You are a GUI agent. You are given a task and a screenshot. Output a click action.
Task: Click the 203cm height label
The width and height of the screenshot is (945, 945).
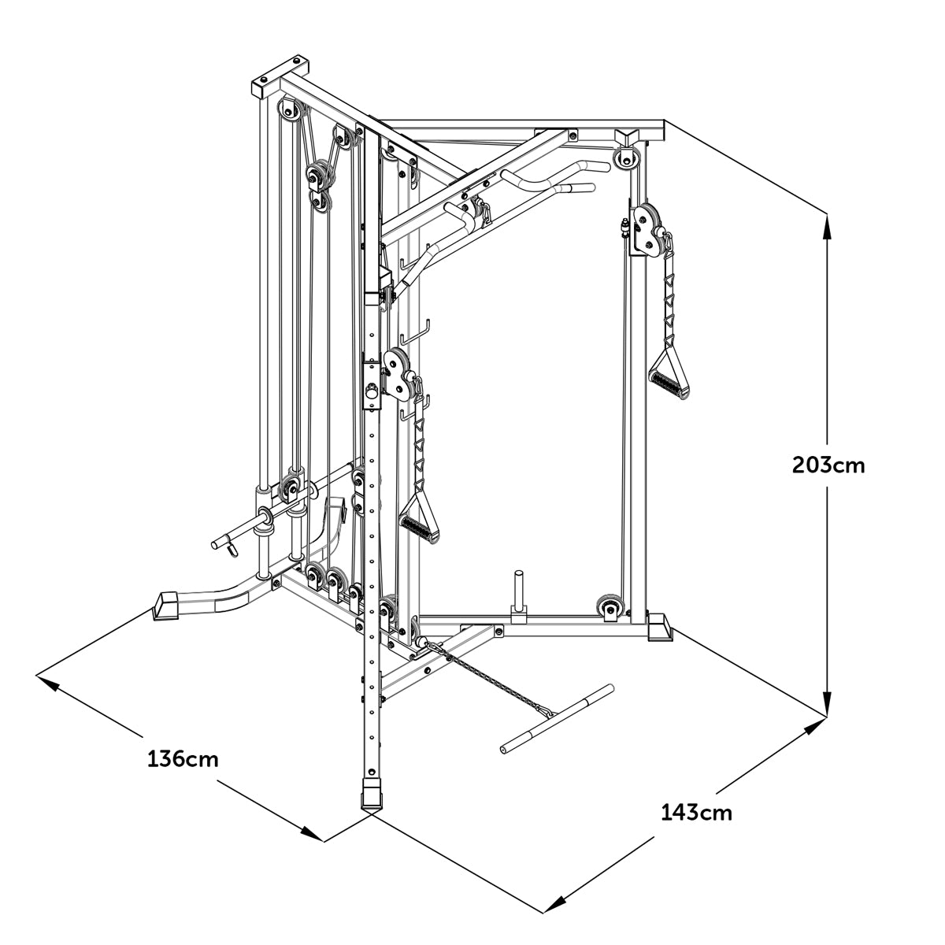828,465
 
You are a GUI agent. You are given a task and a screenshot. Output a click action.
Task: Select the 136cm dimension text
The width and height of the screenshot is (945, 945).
183,759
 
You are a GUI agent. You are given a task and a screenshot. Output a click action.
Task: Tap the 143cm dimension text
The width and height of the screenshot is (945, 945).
696,812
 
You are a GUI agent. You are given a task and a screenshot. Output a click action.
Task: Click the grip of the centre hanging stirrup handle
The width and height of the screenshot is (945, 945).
419,526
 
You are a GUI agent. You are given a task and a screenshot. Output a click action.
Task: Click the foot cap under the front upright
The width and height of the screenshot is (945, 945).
370,795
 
